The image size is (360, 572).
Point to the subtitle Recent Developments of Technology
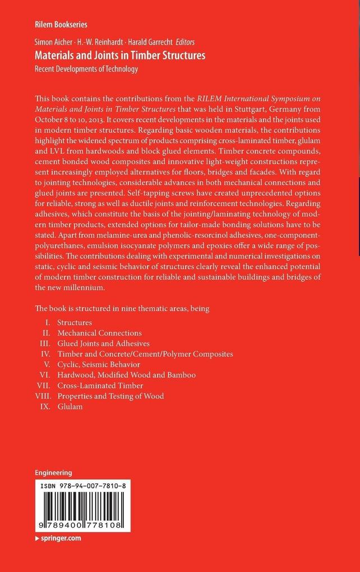(x=86, y=69)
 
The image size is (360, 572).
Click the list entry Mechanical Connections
(x=99, y=333)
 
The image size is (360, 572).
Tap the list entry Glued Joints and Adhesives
(x=103, y=343)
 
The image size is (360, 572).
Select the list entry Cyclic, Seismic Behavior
(x=98, y=364)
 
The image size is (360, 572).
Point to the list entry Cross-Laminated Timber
(x=100, y=385)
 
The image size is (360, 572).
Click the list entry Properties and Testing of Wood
(x=110, y=396)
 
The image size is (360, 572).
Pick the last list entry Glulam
(x=70, y=406)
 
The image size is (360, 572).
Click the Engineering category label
(x=53, y=473)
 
